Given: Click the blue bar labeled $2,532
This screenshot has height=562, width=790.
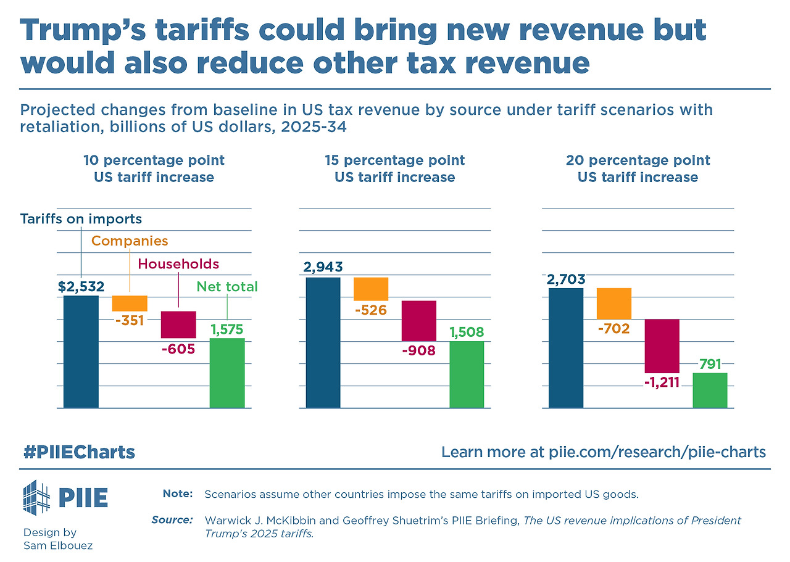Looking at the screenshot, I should pyautogui.click(x=81, y=352).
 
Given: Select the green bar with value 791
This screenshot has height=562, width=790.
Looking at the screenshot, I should pyautogui.click(x=710, y=390).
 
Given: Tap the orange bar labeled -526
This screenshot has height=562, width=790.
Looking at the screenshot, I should pyautogui.click(x=371, y=289).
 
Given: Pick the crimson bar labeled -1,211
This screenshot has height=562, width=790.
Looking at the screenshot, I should pyautogui.click(x=662, y=345).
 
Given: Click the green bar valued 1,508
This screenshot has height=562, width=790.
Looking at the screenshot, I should pyautogui.click(x=467, y=374).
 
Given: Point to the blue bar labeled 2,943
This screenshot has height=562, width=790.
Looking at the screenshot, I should pyautogui.click(x=323, y=342).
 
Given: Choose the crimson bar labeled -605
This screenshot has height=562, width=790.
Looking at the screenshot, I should pyautogui.click(x=178, y=324).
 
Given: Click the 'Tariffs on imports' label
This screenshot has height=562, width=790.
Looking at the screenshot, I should pyautogui.click(x=81, y=219).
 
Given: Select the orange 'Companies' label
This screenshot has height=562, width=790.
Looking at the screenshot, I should pyautogui.click(x=130, y=241).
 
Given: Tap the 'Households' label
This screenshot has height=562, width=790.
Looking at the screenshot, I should pyautogui.click(x=178, y=264).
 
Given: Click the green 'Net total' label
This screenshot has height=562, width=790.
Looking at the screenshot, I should pyautogui.click(x=227, y=286).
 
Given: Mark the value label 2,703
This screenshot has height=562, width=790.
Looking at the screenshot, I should pyautogui.click(x=565, y=279).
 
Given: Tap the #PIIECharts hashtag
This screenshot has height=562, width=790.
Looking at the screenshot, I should pyautogui.click(x=79, y=452).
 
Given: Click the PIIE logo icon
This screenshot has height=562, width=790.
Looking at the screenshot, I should pyautogui.click(x=36, y=497).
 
